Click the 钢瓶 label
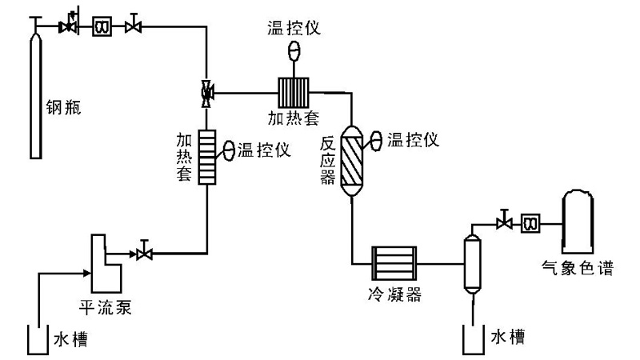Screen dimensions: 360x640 pos(64,106)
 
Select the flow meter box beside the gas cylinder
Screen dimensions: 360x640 pos(102,27)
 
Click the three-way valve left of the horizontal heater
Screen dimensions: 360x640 pos(207,93)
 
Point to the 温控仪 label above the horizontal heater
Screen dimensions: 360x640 pos(294,28)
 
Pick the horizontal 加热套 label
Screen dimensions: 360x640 pos(294,118)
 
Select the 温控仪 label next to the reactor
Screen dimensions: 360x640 pos(414,140)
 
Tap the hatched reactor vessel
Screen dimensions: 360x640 pos(352,159)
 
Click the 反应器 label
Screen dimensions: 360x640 pos(326,160)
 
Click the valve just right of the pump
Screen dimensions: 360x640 pos(145,254)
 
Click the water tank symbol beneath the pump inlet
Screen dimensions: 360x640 pos(34,339)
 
